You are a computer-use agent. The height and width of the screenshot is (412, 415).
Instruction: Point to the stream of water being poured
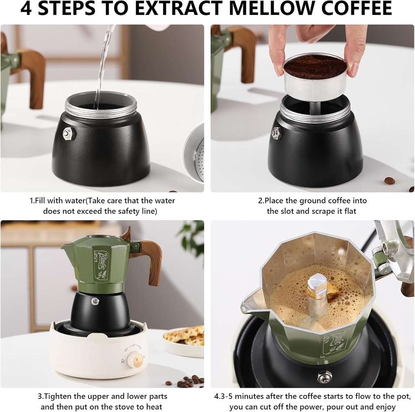[103, 65]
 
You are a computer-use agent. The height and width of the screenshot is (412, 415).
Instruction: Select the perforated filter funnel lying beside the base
[194, 152]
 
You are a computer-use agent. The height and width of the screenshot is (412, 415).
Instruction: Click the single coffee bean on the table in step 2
[389, 181]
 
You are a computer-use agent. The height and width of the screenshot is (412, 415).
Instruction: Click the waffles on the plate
[185, 335]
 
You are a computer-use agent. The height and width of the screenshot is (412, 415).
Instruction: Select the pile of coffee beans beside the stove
[188, 381]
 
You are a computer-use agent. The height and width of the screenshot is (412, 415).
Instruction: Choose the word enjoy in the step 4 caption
[385, 406]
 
